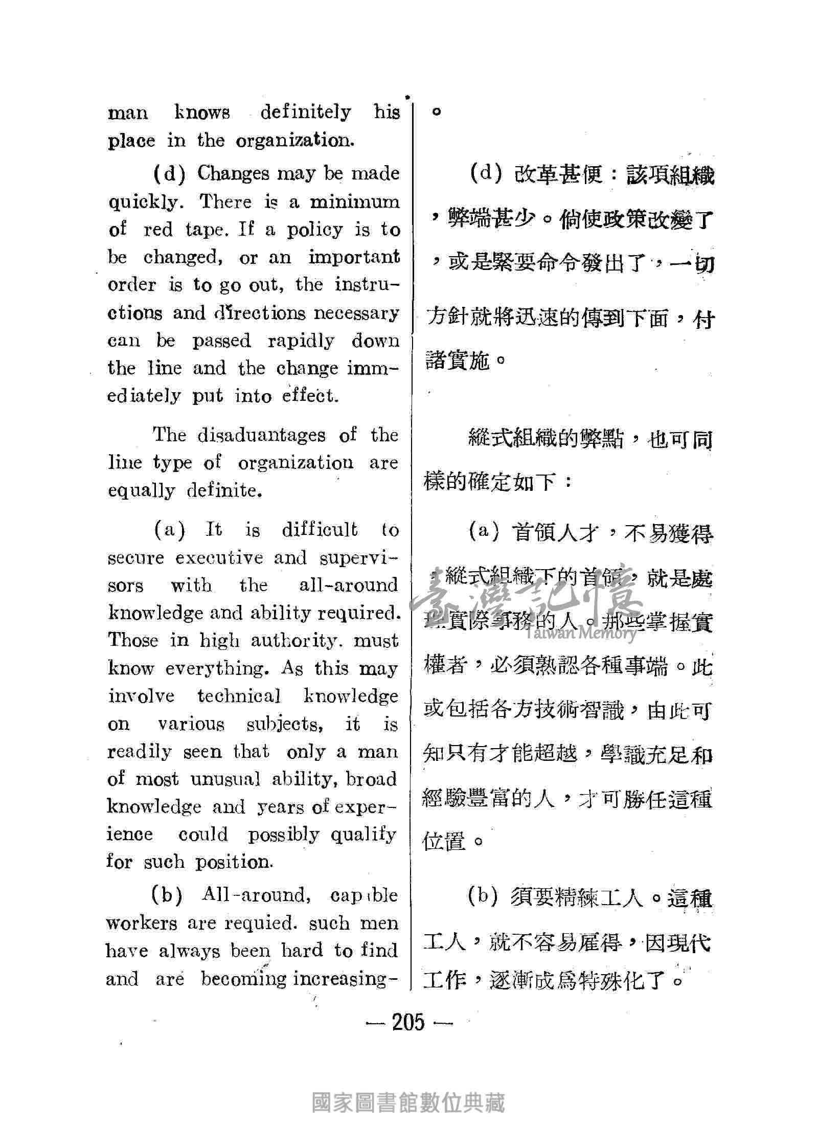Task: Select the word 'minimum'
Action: tap(354, 201)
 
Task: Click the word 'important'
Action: tap(354, 257)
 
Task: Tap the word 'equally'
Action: tap(141, 490)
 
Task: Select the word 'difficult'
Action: tap(320, 529)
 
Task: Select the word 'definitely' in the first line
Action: tap(305, 112)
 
